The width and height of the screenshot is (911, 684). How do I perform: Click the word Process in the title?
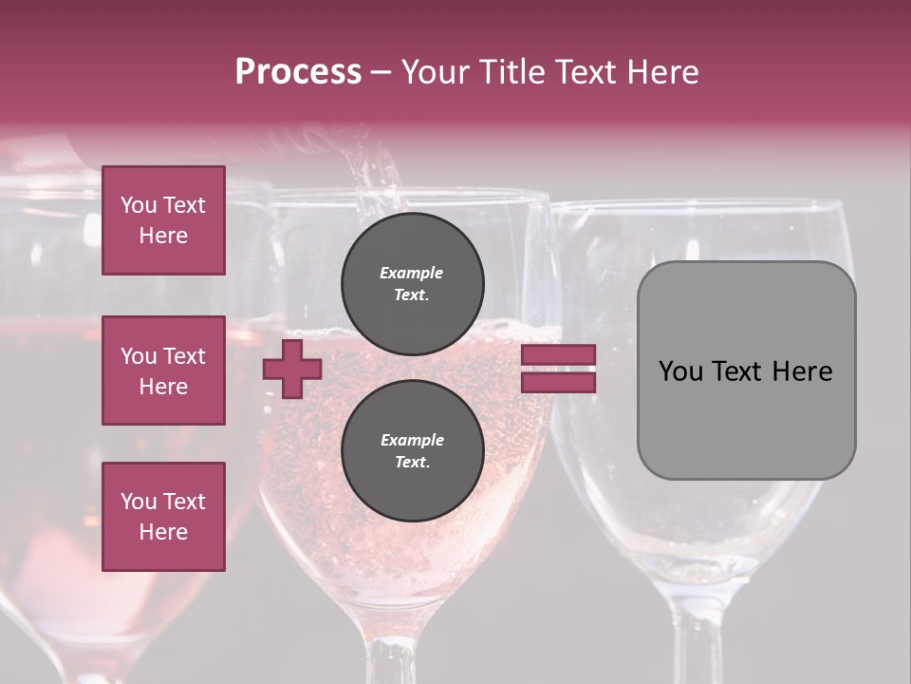(298, 72)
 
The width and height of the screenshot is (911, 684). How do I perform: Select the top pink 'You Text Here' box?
(163, 220)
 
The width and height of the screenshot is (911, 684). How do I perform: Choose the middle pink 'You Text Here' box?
(163, 370)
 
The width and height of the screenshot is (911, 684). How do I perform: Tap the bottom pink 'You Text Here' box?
(163, 516)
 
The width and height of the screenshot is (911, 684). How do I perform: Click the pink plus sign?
(292, 370)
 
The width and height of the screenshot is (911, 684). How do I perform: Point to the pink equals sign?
(558, 369)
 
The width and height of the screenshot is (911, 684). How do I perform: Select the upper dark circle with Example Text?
(412, 284)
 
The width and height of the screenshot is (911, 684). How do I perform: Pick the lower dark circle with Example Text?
(412, 451)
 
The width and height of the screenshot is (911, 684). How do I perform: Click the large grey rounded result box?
(746, 370)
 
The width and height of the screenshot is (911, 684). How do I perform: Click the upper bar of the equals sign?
(558, 355)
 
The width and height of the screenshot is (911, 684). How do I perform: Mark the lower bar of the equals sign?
(558, 382)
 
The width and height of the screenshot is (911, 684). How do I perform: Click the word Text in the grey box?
(742, 371)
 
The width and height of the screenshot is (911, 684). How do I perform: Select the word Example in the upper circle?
(412, 274)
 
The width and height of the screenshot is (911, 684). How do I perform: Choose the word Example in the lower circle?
(412, 441)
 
